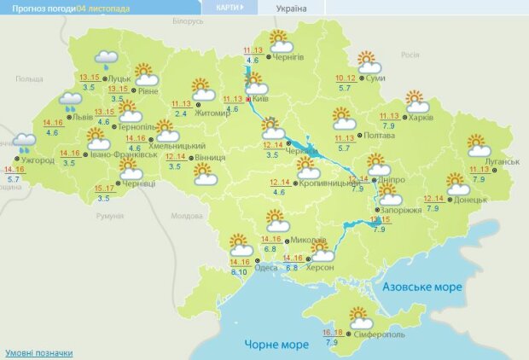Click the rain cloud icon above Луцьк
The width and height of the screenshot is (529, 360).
coord(106,60)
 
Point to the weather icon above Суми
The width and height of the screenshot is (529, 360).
coord(369,62)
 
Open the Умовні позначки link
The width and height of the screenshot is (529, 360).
coord(39,352)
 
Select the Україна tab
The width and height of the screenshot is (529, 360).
coord(291,8)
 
